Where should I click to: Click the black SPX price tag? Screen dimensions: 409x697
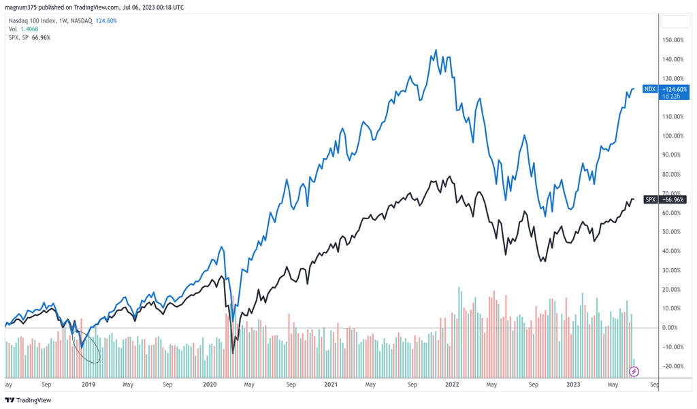click(650, 200)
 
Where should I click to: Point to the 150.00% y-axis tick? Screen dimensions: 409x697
click(672, 40)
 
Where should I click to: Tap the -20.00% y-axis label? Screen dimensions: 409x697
click(672, 366)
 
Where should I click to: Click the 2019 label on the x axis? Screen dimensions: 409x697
click(88, 385)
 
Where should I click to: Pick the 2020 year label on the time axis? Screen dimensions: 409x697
click(209, 385)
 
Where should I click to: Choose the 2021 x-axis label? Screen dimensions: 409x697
click(331, 385)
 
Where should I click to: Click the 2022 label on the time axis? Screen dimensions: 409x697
click(452, 385)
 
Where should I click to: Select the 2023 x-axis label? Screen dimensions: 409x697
click(573, 385)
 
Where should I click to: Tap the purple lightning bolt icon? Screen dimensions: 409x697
click(634, 372)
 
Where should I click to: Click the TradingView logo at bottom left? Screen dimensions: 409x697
click(28, 400)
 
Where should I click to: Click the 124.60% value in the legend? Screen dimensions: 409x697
click(106, 21)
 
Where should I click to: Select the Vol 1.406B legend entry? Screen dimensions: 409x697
click(23, 29)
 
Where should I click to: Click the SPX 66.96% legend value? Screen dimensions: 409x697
click(41, 37)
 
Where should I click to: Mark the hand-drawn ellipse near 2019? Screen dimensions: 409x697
click(88, 344)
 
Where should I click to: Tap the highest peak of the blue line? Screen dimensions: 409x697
click(436, 50)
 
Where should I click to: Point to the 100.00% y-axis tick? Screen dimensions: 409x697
click(672, 136)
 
